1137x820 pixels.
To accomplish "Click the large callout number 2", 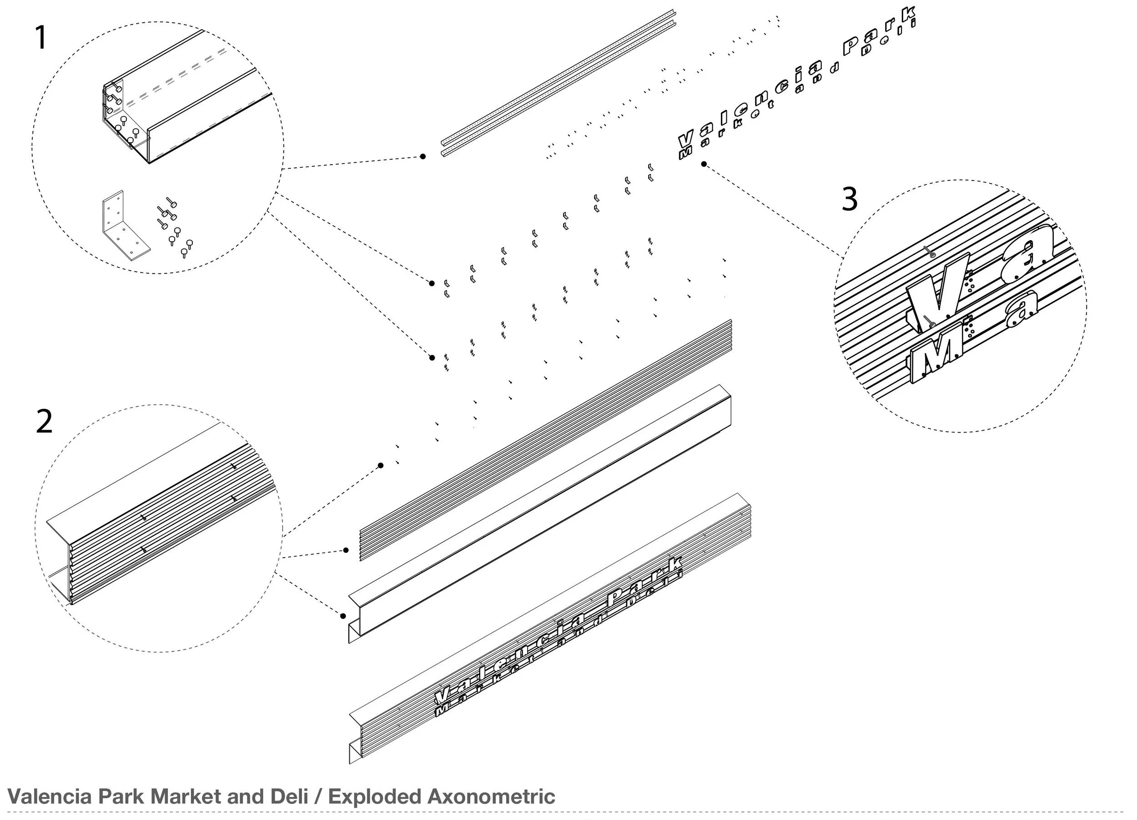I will coord(44,422).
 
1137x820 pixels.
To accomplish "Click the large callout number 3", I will coord(849,200).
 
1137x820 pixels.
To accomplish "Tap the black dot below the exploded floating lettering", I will coord(704,164).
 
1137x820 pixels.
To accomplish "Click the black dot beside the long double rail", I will coord(423,156).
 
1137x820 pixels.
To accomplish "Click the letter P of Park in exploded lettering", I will coord(853,45).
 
